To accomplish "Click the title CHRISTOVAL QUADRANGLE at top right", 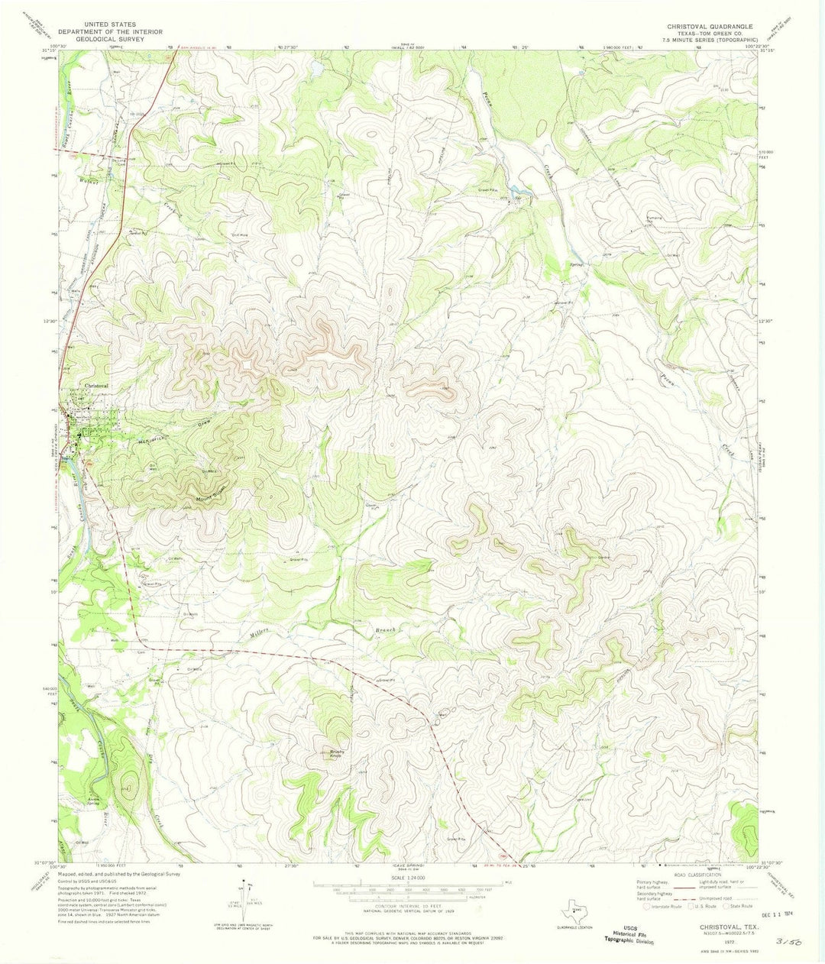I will point(710,25).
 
